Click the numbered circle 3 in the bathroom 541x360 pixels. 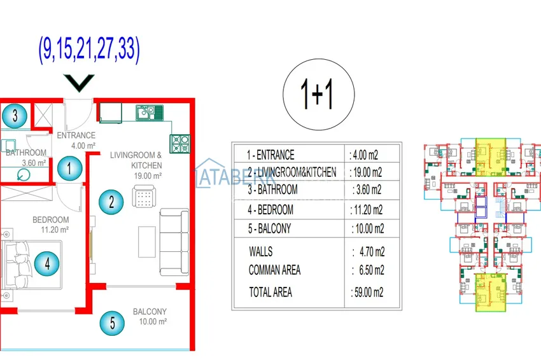coord(15,116)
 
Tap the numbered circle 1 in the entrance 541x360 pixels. coord(70,169)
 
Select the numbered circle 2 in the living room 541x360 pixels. coord(111,202)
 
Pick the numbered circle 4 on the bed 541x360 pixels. coord(47,264)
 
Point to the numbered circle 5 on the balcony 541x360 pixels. coord(112,323)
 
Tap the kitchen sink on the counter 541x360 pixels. coord(150,113)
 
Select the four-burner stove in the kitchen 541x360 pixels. coord(179,144)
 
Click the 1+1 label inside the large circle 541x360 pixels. coord(317,94)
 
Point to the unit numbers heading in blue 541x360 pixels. coord(89,50)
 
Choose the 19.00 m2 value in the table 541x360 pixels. coord(367,172)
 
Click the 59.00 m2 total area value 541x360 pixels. coord(367,293)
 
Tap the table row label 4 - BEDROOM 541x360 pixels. coord(270,210)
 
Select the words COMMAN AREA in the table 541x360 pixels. coord(275,270)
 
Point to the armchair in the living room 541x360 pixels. coord(144,197)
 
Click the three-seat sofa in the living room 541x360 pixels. coord(174,242)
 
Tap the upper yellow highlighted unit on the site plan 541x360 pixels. coord(491,157)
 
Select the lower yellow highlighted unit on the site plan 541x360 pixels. coord(491,293)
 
